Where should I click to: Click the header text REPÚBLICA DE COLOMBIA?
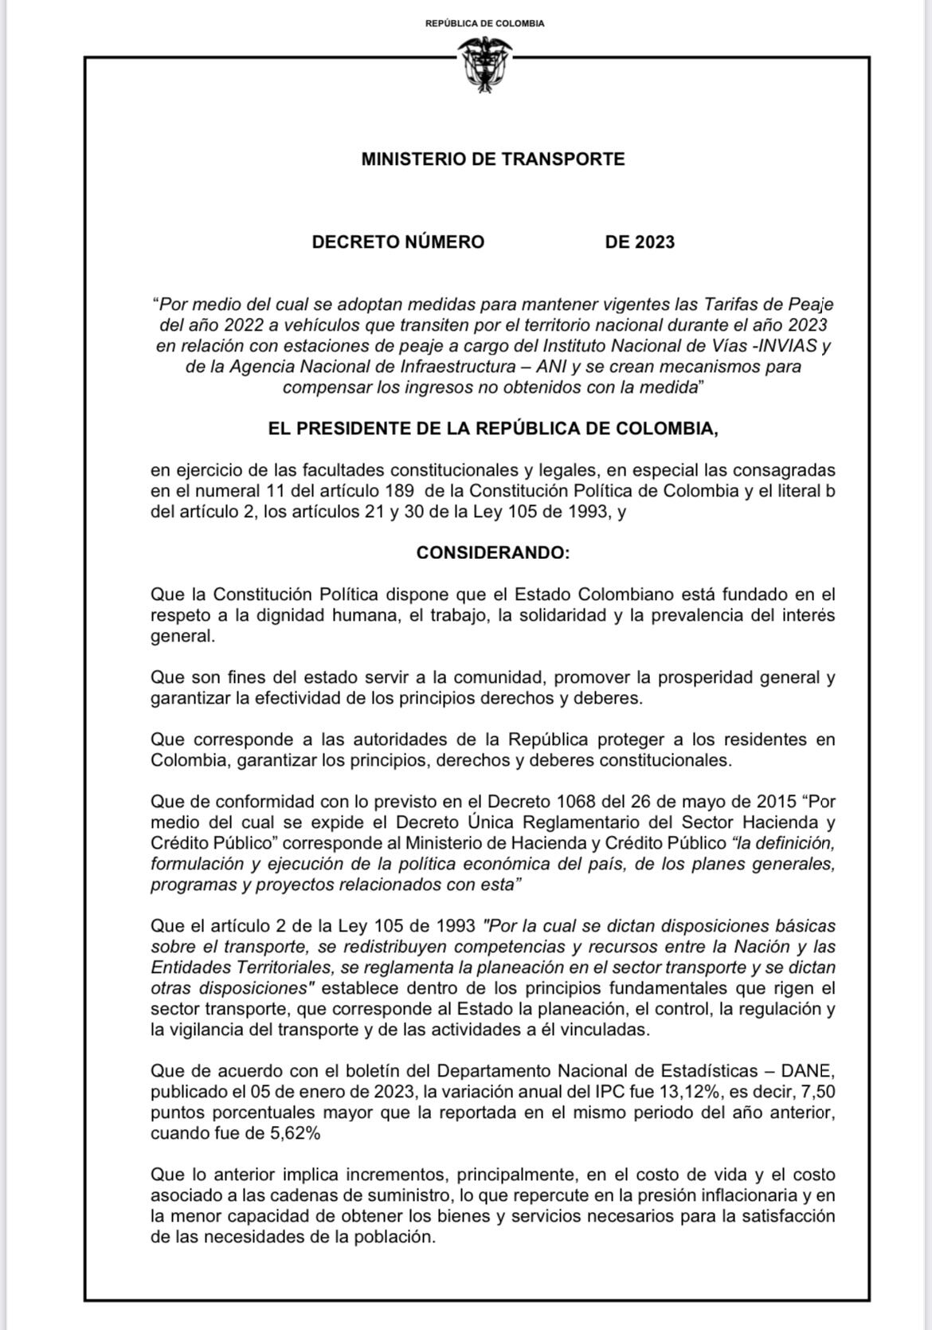tap(484, 23)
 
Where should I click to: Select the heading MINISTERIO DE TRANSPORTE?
tap(492, 159)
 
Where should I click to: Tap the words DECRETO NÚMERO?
tap(397, 242)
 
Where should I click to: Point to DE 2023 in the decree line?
tap(639, 242)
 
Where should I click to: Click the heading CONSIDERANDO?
tap(492, 552)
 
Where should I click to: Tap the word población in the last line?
tap(395, 1237)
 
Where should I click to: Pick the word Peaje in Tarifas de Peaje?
tap(810, 304)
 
